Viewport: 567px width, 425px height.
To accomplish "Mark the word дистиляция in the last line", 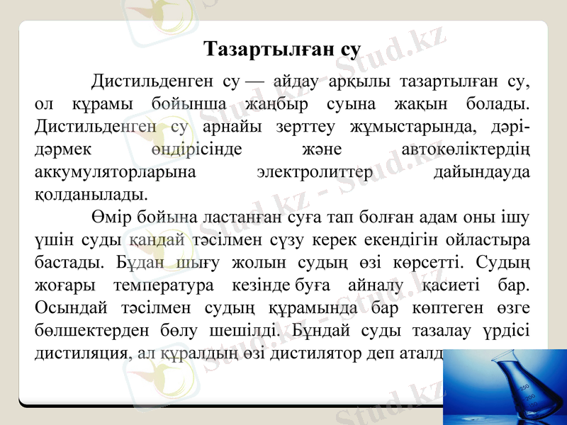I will [79, 353].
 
